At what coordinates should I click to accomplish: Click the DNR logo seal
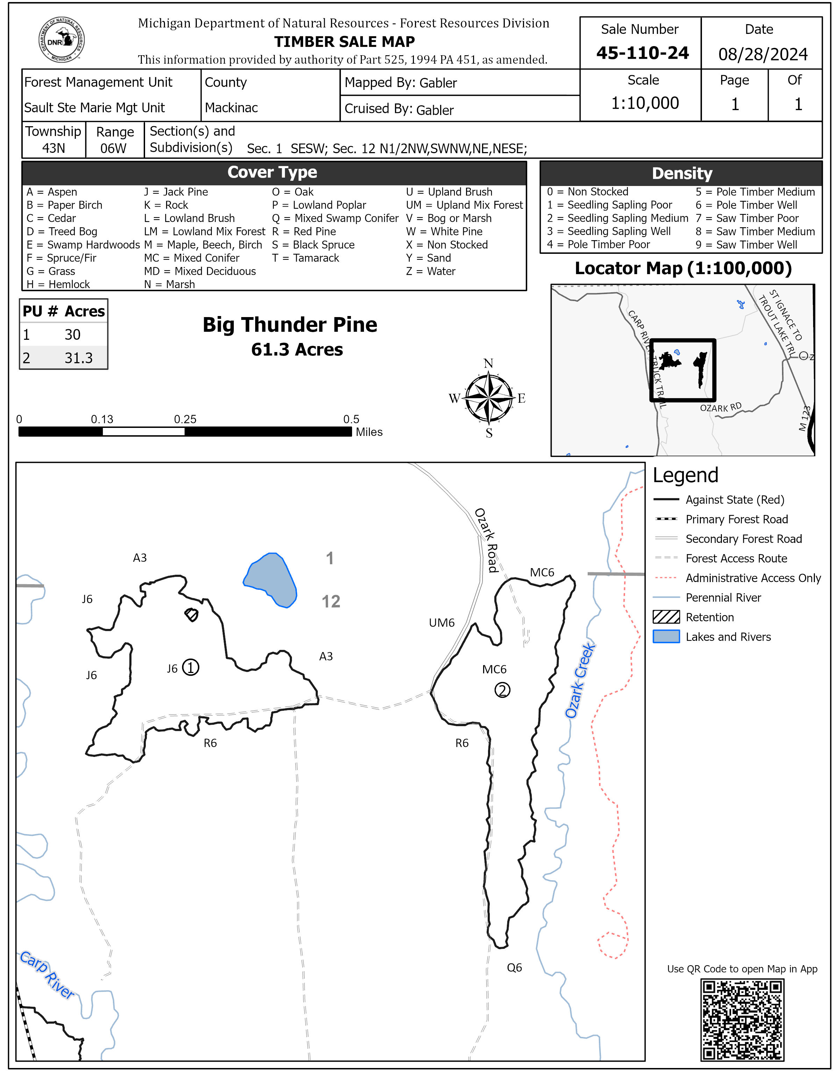[x=62, y=40]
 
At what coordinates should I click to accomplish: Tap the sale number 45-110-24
[x=642, y=53]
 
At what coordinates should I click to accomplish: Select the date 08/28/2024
[x=763, y=54]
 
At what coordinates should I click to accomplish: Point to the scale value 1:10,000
[x=645, y=103]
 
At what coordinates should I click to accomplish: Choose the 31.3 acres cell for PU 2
[x=78, y=358]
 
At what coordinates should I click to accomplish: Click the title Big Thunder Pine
[x=290, y=325]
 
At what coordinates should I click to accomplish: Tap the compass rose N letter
[x=488, y=363]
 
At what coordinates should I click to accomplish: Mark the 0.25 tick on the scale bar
[x=185, y=420]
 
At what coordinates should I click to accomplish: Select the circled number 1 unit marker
[x=191, y=667]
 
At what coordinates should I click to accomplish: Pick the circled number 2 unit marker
[x=502, y=690]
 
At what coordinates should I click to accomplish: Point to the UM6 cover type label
[x=442, y=623]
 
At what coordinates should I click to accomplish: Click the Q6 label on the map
[x=514, y=967]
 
